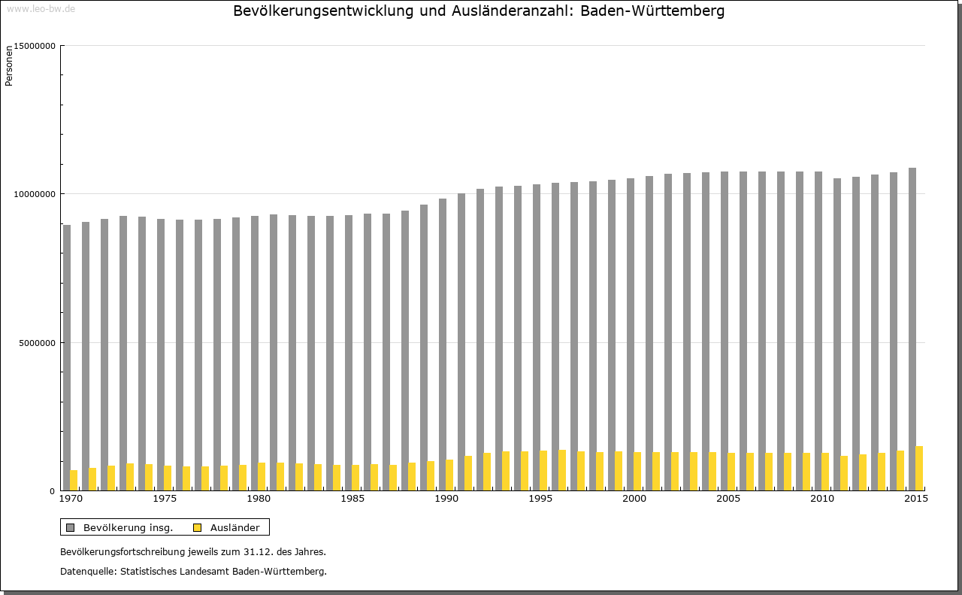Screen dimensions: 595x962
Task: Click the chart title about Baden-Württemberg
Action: pos(479,11)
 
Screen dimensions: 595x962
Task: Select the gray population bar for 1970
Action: pos(67,357)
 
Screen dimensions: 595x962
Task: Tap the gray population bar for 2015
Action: pos(912,329)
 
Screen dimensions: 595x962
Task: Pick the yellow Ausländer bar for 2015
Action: pos(919,468)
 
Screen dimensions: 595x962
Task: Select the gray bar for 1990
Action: pos(443,344)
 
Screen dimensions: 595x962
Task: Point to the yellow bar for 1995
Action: pos(543,470)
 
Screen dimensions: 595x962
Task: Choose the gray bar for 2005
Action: pos(725,331)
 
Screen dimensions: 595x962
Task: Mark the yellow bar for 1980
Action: pos(262,476)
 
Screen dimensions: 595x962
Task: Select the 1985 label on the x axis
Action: pos(352,499)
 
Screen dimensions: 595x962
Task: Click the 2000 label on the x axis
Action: pos(634,499)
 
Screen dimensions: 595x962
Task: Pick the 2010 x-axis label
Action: pos(822,499)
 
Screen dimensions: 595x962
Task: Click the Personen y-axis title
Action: pos(9,66)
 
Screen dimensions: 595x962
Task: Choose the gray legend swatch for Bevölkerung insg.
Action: pos(71,527)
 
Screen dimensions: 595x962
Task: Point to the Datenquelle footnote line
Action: pos(193,572)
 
